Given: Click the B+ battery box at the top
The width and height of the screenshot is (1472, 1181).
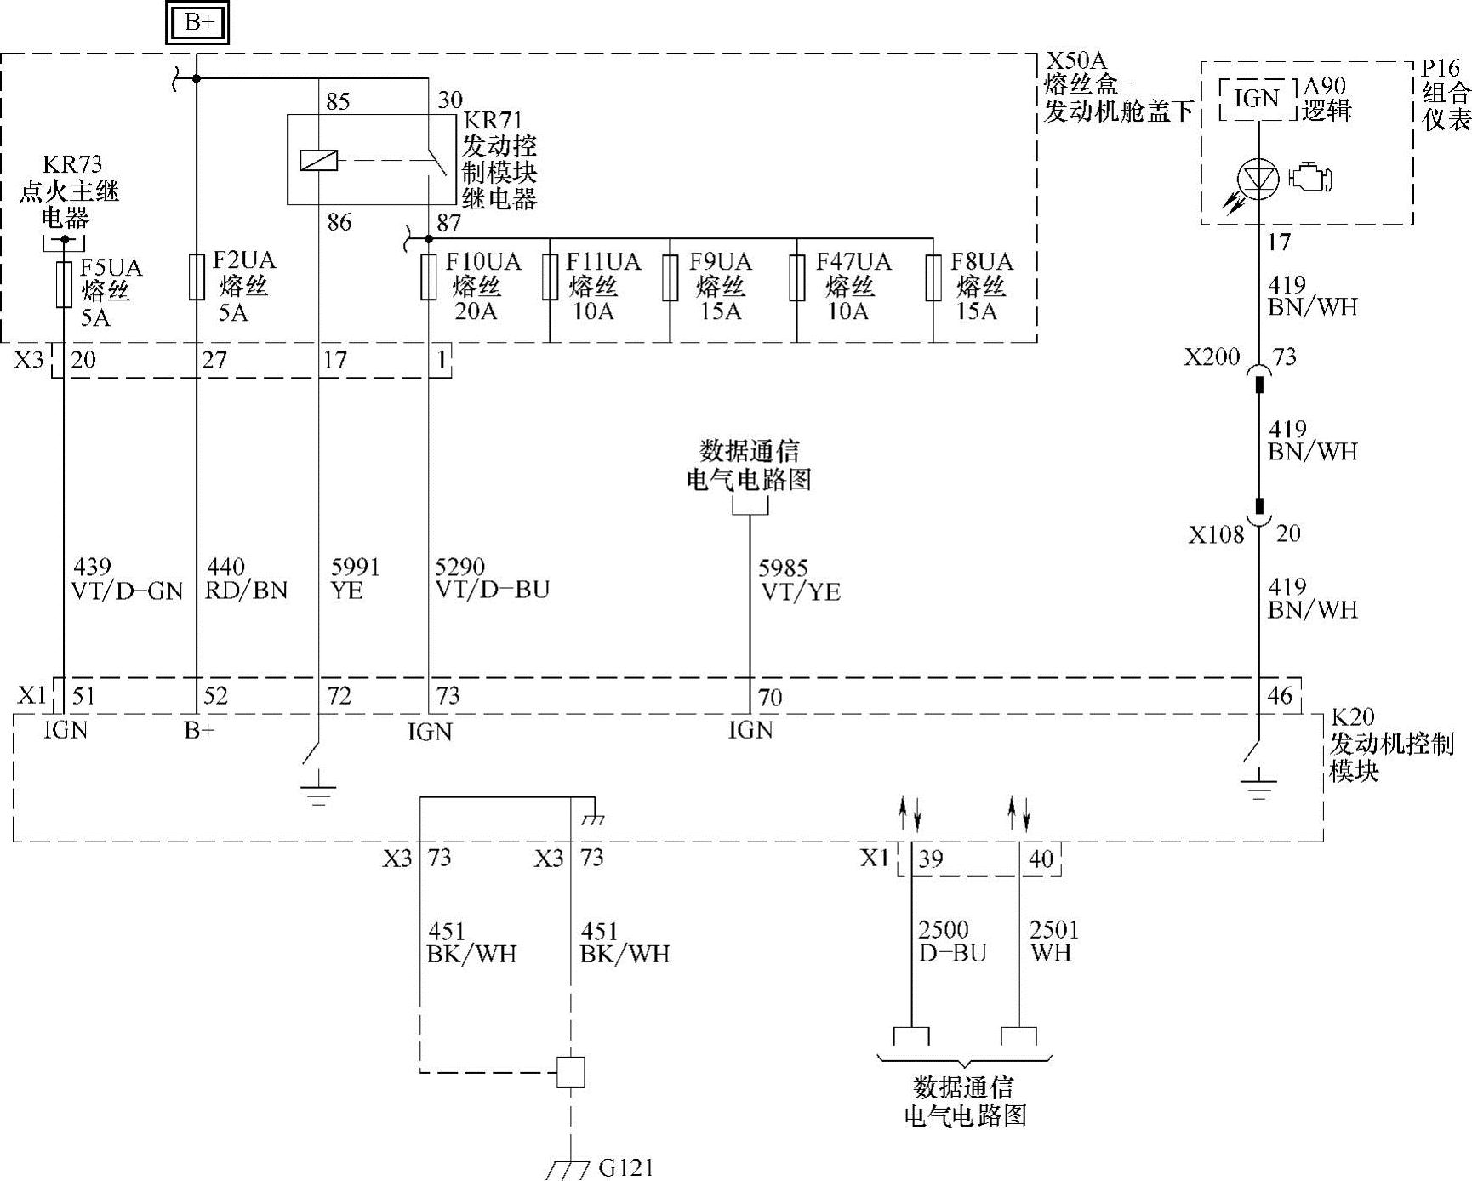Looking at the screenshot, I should click(x=199, y=23).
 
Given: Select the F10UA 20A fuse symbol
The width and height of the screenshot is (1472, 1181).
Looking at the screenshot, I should click(x=429, y=277).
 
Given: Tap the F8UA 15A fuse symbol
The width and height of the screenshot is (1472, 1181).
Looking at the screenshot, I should click(x=933, y=277).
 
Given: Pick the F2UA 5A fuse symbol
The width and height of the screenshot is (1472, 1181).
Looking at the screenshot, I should click(x=197, y=277).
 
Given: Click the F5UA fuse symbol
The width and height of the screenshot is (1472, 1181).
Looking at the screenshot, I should click(x=64, y=284).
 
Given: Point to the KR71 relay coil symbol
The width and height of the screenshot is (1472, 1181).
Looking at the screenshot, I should click(x=318, y=160).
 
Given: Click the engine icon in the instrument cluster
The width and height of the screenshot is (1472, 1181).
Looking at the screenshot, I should click(x=1310, y=178).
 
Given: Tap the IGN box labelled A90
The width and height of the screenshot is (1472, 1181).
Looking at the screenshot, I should click(x=1257, y=100).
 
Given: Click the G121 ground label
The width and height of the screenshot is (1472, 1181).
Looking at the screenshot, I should click(x=626, y=1167).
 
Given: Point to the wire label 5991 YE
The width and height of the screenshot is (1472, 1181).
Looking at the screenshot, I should click(x=355, y=579).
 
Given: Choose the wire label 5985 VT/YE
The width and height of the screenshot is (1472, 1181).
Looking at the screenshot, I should click(x=799, y=580).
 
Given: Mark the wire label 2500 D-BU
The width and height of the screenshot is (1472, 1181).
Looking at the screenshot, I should click(x=951, y=941).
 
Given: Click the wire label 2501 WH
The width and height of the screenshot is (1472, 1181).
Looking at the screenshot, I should click(x=1053, y=941).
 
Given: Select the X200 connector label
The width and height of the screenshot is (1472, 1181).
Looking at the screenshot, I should click(x=1212, y=357).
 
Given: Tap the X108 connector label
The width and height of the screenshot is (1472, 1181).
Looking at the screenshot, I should click(x=1216, y=535).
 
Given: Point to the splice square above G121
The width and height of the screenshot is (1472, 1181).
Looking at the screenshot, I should click(x=570, y=1072).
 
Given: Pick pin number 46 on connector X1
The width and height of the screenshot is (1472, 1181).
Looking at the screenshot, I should click(x=1279, y=696).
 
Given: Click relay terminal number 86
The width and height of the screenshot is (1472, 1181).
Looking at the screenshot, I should click(x=339, y=223).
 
